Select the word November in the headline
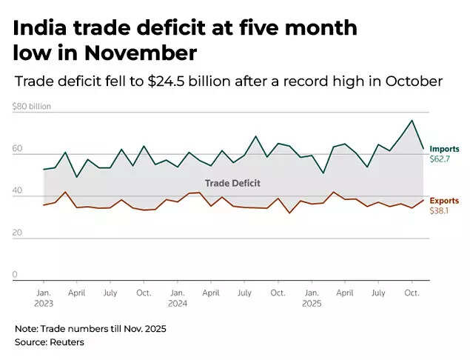tap(143, 53)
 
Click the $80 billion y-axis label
tap(31, 106)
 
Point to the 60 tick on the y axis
tap(17, 149)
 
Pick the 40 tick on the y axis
tap(17, 191)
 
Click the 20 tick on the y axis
tap(17, 233)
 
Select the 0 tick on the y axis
tap(15, 275)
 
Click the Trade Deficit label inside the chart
tap(232, 182)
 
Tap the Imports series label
tap(444, 149)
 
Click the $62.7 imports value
tap(440, 159)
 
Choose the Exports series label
tap(444, 201)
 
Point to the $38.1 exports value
tap(439, 211)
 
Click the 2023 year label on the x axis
tap(43, 303)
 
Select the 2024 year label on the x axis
tap(177, 303)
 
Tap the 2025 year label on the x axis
tap(311, 303)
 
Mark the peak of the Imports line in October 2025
tap(412, 121)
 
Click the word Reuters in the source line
tap(67, 342)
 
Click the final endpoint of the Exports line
tap(423, 200)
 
